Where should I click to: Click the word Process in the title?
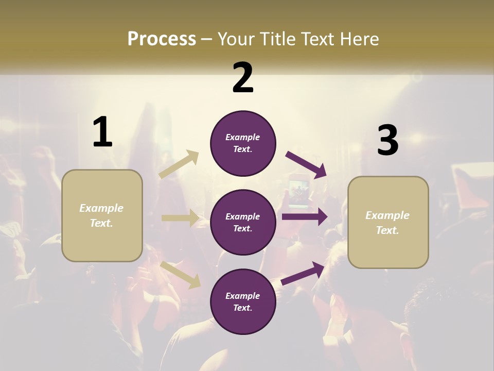click(x=162, y=39)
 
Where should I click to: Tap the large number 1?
click(x=102, y=132)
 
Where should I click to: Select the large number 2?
click(x=243, y=78)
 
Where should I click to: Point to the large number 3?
click(x=387, y=140)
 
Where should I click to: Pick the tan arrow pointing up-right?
click(x=179, y=164)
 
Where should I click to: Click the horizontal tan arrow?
click(x=180, y=218)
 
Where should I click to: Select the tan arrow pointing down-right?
click(x=181, y=275)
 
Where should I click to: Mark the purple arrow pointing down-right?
click(x=306, y=164)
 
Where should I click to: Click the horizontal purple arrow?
click(x=304, y=217)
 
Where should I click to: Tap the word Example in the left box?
click(x=101, y=208)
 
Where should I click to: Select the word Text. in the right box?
click(x=387, y=230)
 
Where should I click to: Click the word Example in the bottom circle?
click(x=243, y=296)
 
